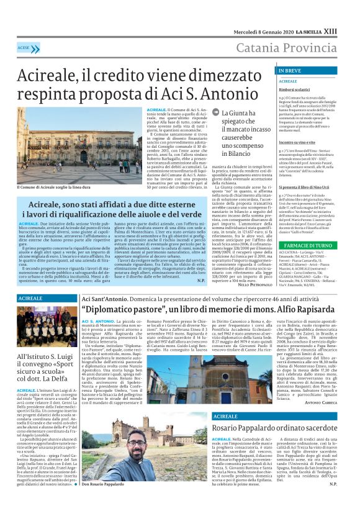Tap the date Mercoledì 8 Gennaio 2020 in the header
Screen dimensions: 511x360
(x=261, y=31)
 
